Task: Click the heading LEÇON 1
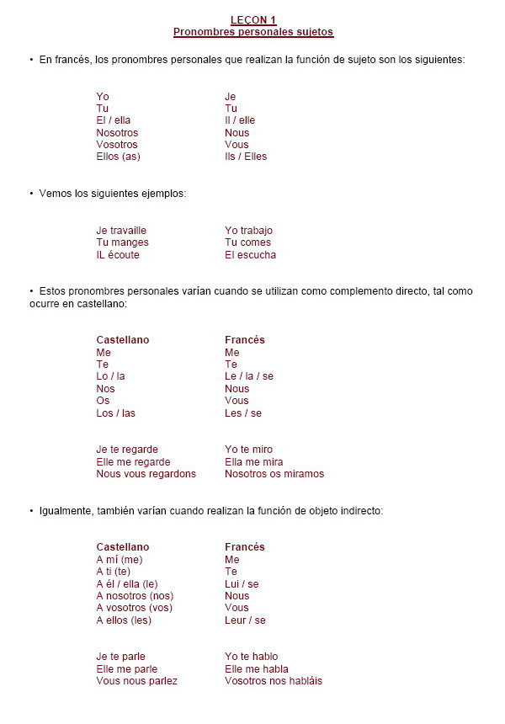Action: (x=252, y=20)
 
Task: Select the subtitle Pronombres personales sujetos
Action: (x=252, y=32)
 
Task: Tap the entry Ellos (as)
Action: (x=118, y=157)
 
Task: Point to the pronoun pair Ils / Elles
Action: (x=246, y=157)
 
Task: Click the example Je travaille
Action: (x=121, y=231)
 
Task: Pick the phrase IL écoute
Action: (x=118, y=255)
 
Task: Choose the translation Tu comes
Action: (x=247, y=242)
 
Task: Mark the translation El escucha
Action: (x=250, y=255)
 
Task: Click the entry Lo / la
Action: (x=110, y=376)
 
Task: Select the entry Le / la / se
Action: (x=249, y=376)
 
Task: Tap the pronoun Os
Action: (x=103, y=401)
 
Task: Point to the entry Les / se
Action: (x=243, y=413)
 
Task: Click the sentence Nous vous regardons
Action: (x=146, y=474)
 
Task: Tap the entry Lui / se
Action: (x=242, y=583)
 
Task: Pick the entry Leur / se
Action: (x=245, y=620)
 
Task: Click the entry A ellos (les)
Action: (x=124, y=620)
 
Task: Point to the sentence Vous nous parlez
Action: (x=136, y=681)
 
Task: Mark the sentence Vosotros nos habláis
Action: (x=273, y=681)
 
